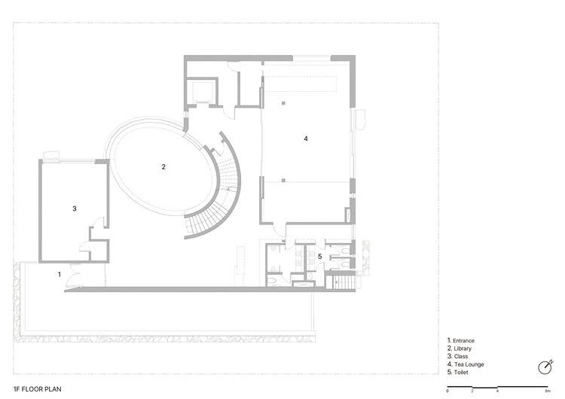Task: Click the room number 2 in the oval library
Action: point(163,166)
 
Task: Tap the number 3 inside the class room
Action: point(75,209)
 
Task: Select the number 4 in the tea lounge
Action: point(305,139)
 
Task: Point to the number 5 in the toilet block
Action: point(319,257)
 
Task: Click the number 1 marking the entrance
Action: point(60,275)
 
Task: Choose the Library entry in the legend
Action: point(462,349)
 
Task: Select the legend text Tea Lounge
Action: point(467,364)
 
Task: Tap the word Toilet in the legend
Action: point(460,373)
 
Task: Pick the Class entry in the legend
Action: point(460,357)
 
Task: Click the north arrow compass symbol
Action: point(544,367)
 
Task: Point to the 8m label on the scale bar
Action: point(546,392)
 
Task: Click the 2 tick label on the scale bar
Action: point(472,392)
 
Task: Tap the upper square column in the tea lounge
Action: point(283,102)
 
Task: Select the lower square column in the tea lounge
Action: point(283,181)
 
